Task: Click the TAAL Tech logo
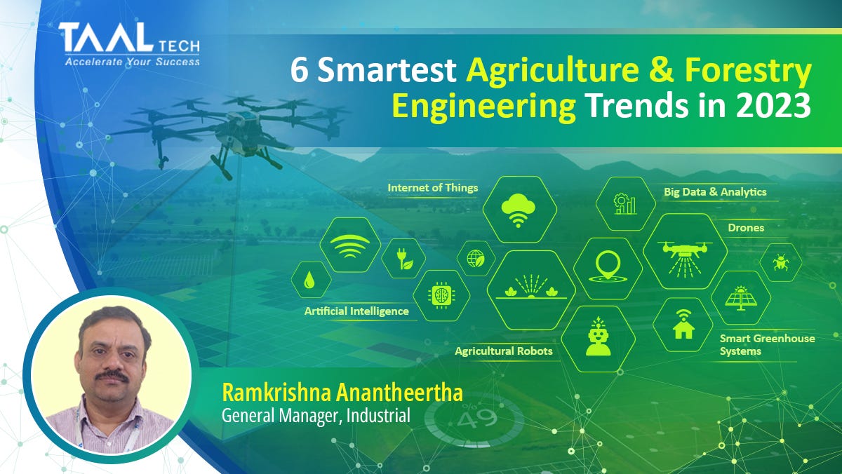[x=130, y=43]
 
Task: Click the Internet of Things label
[x=432, y=188]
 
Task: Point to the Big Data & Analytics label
[x=715, y=191]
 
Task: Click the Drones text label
[x=746, y=228]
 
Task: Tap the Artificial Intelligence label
[x=356, y=311]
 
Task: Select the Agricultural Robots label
[x=503, y=351]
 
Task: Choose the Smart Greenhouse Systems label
[x=767, y=344]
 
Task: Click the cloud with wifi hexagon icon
[x=519, y=209]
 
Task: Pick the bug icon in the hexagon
[x=780, y=262]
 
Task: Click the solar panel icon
[x=740, y=297]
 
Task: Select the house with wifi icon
[x=683, y=324]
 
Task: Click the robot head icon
[x=598, y=339]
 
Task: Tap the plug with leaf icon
[x=403, y=259]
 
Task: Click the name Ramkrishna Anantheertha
[x=342, y=393]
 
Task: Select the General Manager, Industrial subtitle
[x=315, y=416]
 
